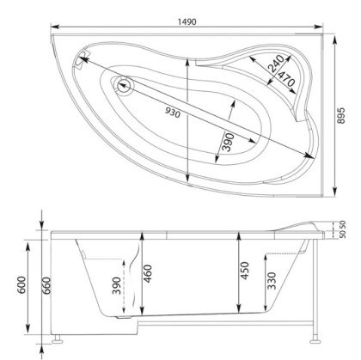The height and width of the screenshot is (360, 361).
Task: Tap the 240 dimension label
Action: pos(273,64)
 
